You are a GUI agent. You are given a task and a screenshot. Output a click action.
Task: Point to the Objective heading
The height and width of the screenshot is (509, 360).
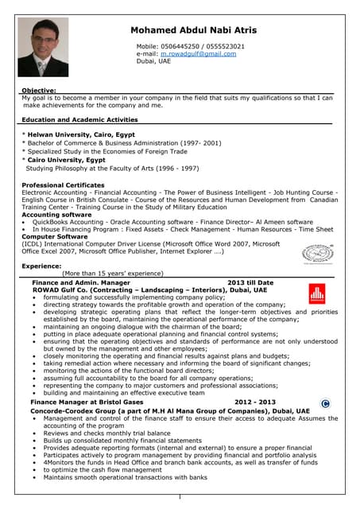[38, 91]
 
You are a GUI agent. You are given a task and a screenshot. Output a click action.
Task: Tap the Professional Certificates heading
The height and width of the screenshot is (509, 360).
[63, 185]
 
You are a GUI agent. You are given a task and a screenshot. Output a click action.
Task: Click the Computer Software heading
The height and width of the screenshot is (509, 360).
[55, 236]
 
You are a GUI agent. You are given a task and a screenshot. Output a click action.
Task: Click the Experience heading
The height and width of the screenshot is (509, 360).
[41, 266]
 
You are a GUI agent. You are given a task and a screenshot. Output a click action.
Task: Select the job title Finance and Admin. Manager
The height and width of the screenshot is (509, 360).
[79, 282]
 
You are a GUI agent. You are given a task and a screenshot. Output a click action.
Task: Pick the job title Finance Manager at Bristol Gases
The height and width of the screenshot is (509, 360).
[87, 402]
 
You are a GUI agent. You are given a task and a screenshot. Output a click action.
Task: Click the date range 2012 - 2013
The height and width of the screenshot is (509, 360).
[254, 402]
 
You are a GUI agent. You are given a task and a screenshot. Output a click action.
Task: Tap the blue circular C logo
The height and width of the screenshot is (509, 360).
[324, 404]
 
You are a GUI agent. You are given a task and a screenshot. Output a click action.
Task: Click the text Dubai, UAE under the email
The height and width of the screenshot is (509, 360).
[153, 60]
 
